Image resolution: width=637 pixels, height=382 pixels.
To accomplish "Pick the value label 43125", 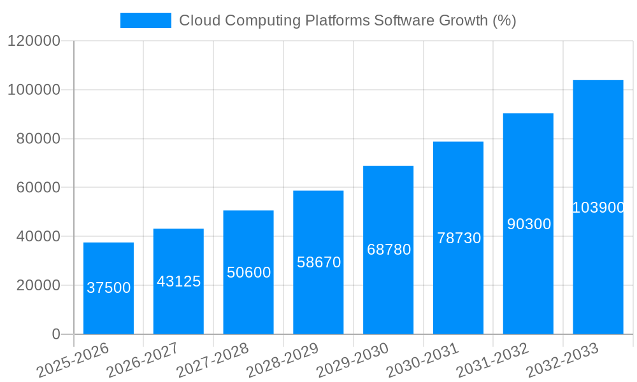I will [178, 281].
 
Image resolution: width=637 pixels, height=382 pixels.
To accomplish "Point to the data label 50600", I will [248, 272].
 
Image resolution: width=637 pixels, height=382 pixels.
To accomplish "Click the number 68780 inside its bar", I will [389, 250].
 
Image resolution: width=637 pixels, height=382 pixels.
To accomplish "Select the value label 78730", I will [459, 238].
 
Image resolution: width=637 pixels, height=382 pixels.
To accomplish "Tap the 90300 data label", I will [529, 224].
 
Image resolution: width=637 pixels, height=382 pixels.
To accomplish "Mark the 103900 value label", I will [598, 208].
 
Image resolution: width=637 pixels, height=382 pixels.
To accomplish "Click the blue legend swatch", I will [146, 20].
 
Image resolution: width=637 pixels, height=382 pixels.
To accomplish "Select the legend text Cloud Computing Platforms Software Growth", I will [347, 20].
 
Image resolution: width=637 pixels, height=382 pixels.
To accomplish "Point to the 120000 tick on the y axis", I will [34, 41].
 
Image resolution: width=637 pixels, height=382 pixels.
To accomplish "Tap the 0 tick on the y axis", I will [56, 334].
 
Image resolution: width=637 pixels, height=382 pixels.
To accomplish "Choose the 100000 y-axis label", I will [34, 90].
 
